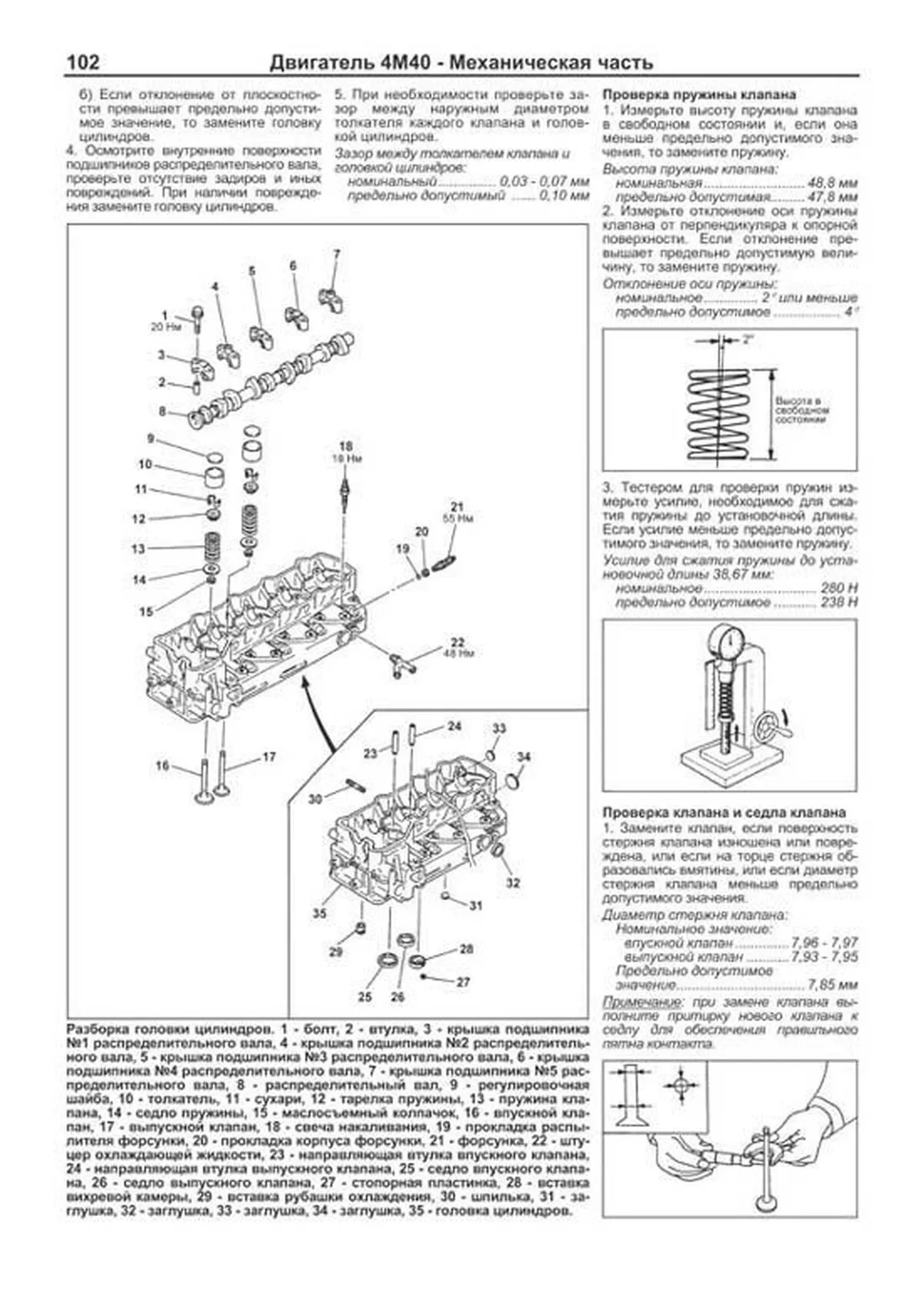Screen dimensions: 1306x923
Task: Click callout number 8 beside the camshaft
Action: (163, 412)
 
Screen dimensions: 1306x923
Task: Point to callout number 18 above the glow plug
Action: (346, 446)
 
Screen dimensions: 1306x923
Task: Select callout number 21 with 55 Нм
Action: (458, 506)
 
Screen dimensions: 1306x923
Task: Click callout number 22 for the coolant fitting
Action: (458, 642)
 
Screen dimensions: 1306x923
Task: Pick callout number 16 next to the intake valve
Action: (162, 766)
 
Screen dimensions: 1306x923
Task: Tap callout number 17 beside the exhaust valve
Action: (268, 757)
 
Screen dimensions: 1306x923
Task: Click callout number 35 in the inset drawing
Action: (319, 914)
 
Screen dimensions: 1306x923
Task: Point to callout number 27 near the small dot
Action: (463, 983)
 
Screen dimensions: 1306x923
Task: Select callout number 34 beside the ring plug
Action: (524, 757)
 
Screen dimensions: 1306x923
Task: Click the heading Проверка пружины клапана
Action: (698, 95)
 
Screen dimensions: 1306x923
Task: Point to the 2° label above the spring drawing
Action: (749, 339)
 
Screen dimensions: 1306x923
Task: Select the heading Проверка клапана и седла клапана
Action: (724, 813)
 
